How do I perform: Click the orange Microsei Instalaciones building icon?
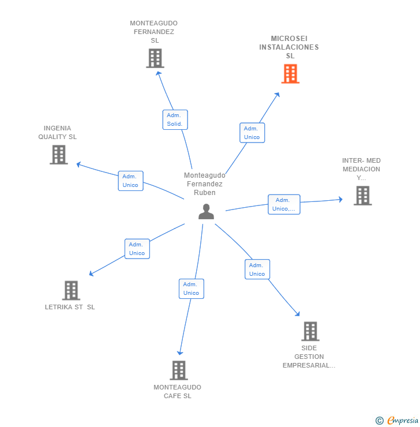click(290, 74)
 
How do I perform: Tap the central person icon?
click(206, 212)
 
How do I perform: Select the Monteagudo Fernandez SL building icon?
click(155, 58)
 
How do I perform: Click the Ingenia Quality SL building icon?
click(58, 155)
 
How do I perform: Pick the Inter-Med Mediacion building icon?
click(362, 196)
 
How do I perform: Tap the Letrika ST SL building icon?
click(71, 290)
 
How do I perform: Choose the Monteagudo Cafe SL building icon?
click(179, 370)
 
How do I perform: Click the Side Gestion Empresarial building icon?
click(310, 331)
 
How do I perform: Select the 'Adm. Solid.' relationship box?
click(175, 119)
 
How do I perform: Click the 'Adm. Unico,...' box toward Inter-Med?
click(284, 204)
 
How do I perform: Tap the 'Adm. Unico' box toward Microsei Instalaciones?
click(252, 133)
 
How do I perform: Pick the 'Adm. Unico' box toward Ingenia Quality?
click(130, 181)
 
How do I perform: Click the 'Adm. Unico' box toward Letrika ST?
click(137, 249)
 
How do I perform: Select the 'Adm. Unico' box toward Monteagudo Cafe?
click(191, 289)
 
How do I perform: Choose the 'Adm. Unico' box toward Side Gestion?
click(257, 269)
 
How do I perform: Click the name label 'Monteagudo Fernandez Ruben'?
click(204, 184)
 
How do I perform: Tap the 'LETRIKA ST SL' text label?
click(70, 307)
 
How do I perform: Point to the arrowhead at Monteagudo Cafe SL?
click(180, 352)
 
